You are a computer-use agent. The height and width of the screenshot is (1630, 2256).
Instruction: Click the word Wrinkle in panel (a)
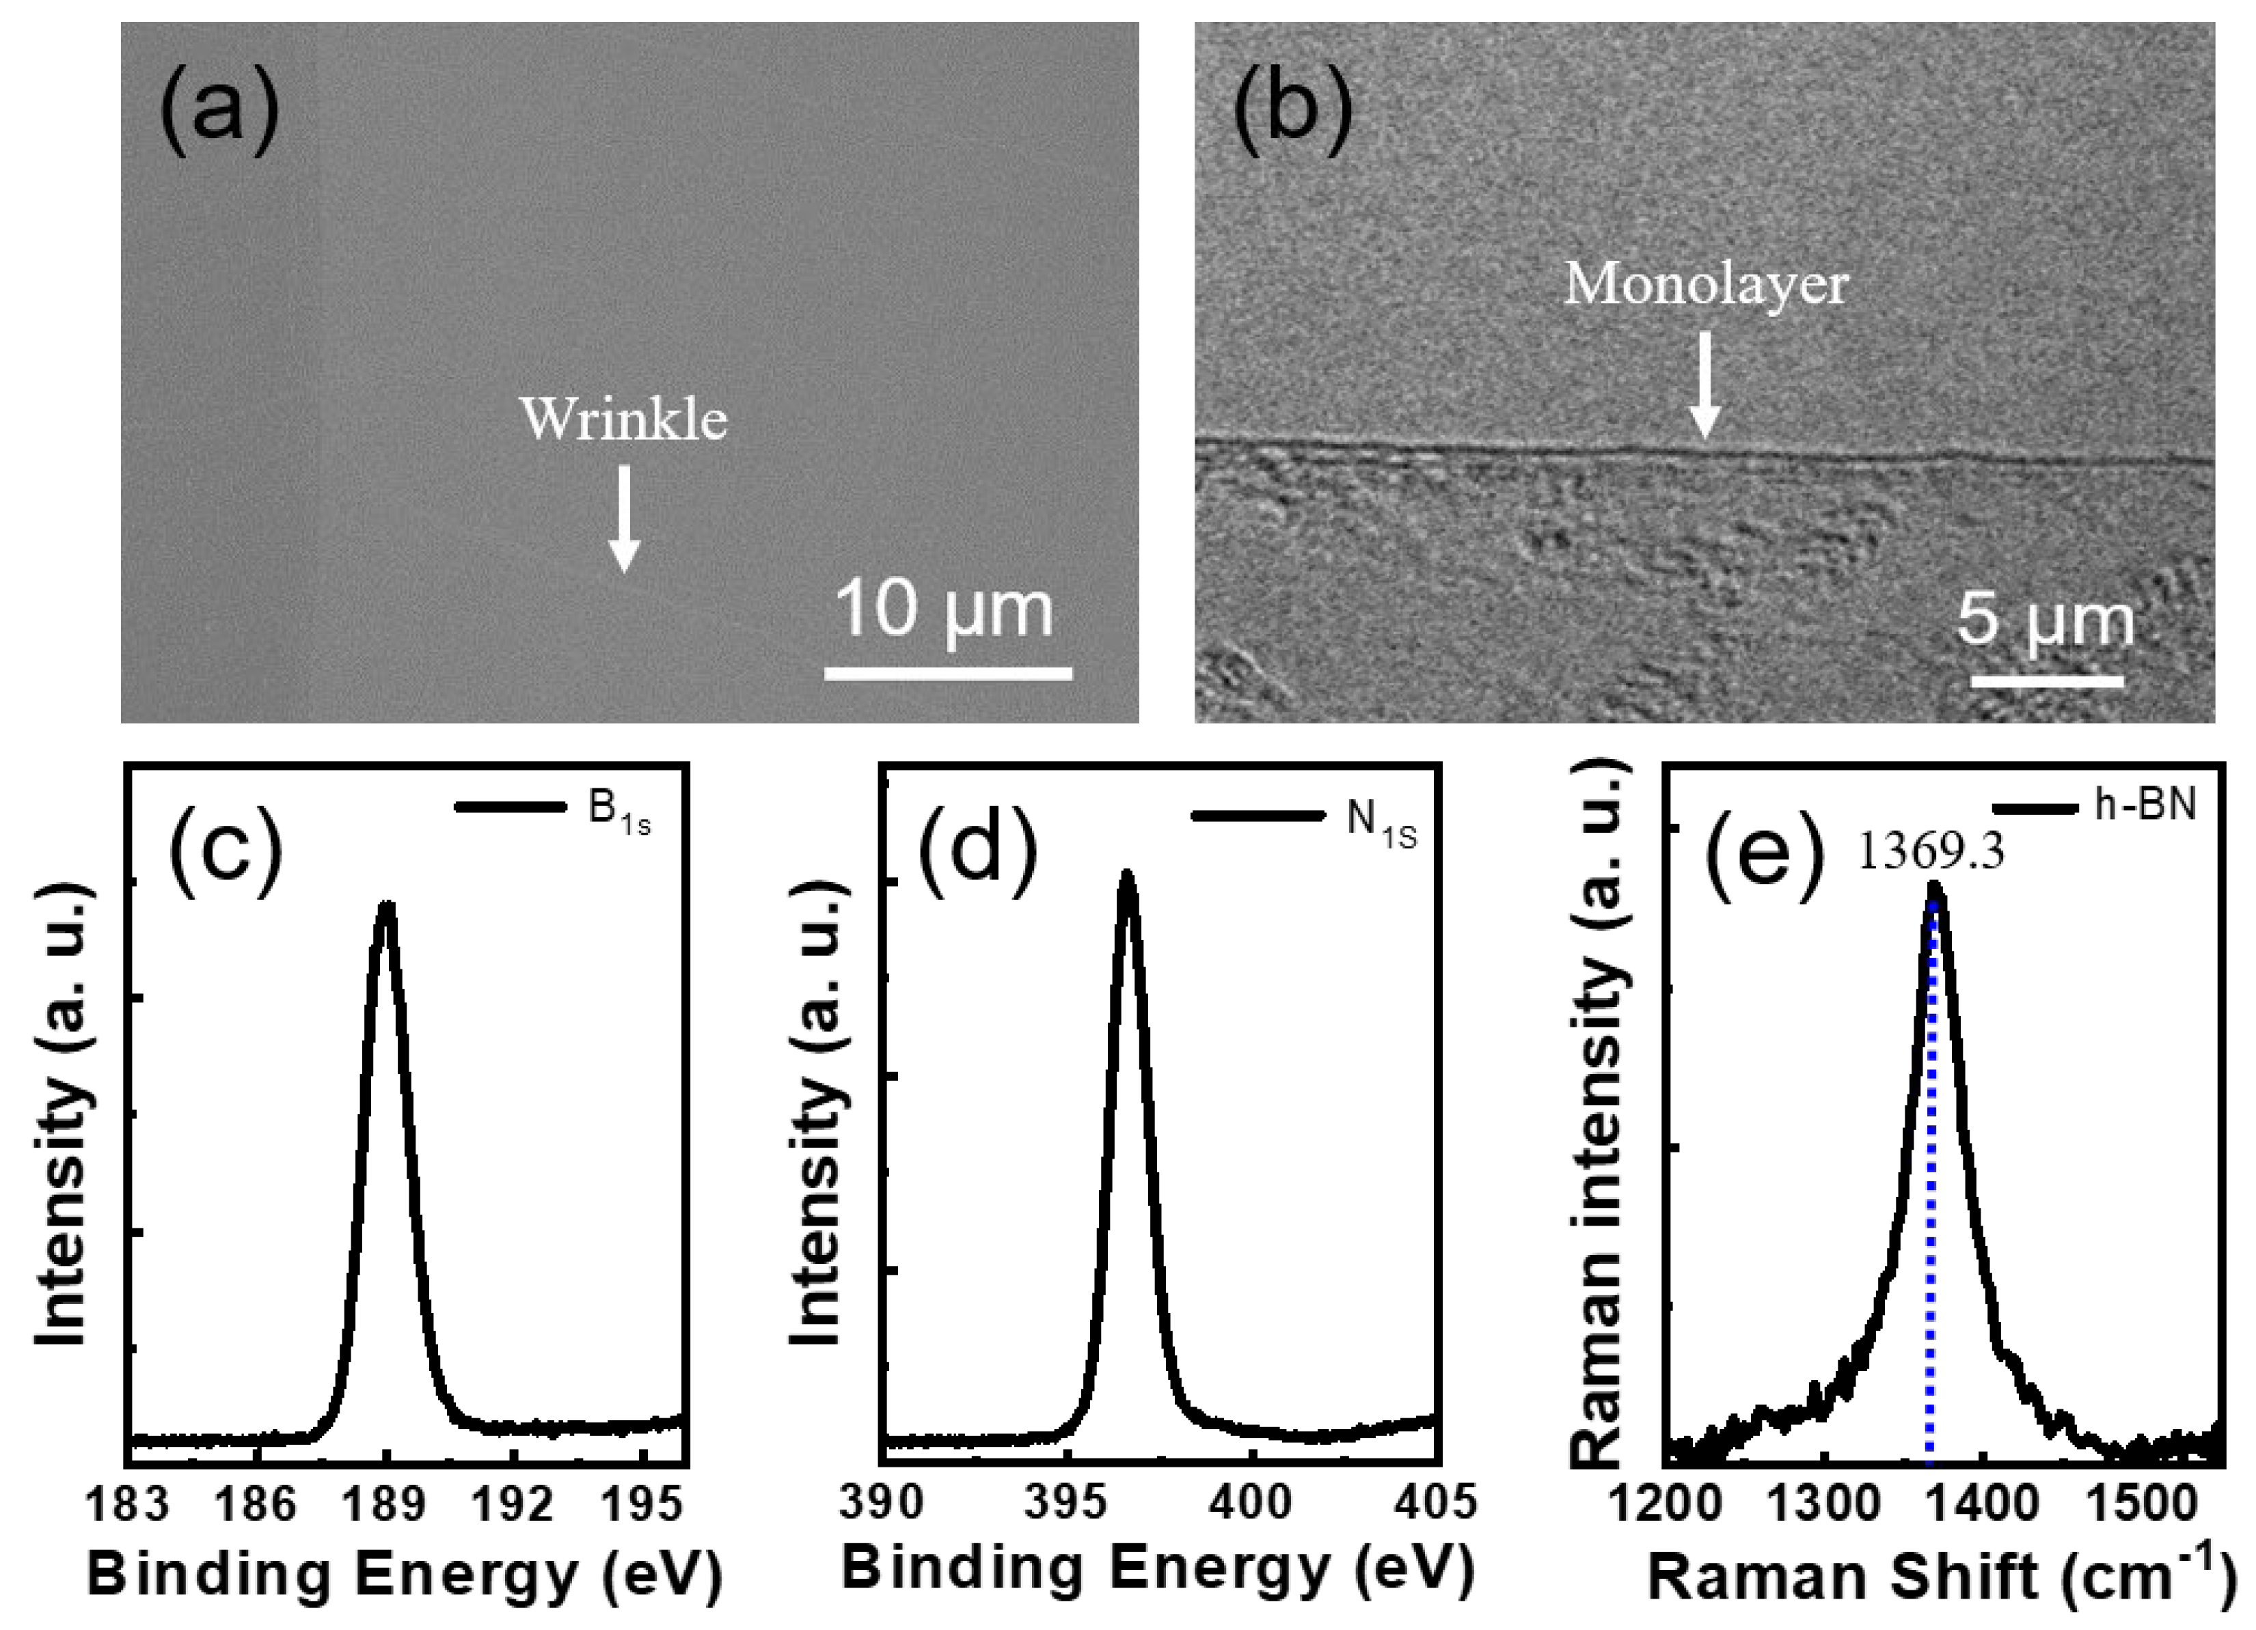624,419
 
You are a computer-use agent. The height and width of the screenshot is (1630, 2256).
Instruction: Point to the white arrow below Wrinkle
624,517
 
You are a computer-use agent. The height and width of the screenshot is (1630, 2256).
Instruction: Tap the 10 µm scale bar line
948,674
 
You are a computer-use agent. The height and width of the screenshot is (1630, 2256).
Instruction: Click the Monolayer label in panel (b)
1706,286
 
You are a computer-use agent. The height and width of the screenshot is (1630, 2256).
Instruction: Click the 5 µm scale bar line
2047,680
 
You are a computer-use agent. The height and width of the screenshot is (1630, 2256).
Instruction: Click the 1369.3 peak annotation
1930,853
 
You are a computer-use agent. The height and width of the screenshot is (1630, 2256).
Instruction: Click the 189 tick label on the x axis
386,1506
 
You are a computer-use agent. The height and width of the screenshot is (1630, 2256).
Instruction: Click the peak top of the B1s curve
386,907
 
